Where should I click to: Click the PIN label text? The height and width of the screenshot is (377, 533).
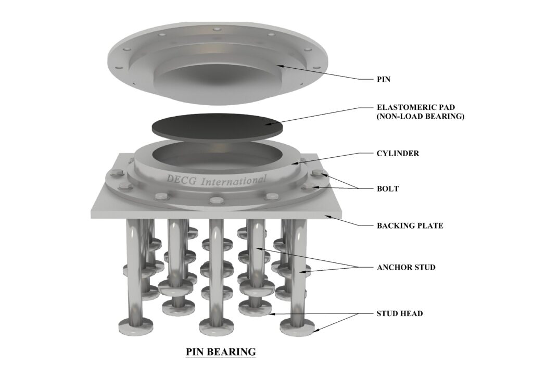click(x=384, y=80)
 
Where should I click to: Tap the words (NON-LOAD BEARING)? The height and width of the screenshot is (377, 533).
click(x=420, y=117)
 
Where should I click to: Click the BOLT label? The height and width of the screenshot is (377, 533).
click(x=387, y=188)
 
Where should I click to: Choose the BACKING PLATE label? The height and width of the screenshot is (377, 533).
click(x=410, y=226)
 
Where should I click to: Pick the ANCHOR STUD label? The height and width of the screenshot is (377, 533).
click(x=406, y=268)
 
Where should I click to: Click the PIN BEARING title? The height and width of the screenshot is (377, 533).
click(x=221, y=352)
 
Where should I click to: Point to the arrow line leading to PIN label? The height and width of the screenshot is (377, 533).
click(x=323, y=73)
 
